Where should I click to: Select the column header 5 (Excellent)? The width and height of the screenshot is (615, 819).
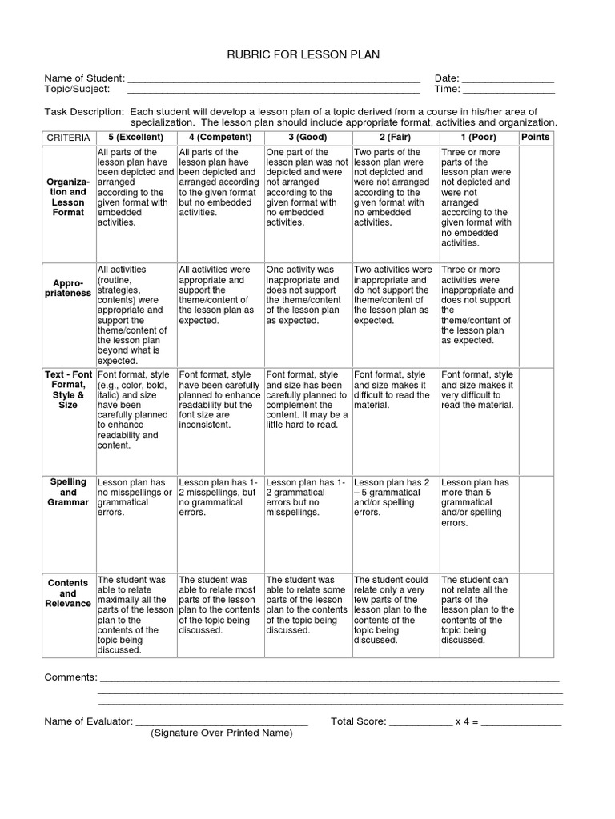(131, 138)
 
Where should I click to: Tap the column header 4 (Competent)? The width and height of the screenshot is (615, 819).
(215, 138)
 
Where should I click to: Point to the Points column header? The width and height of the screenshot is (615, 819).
(535, 138)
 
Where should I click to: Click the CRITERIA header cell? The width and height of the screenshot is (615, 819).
(68, 138)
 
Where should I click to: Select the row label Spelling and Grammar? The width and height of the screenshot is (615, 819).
(68, 492)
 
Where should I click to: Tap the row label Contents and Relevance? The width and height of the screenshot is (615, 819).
(68, 593)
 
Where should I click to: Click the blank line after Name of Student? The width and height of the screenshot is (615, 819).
(273, 79)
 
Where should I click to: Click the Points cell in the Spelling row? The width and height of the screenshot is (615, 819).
(535, 520)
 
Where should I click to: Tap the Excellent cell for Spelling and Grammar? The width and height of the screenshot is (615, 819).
(135, 497)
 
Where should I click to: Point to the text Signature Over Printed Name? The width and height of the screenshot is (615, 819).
(222, 733)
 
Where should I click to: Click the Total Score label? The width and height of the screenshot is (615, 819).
(359, 721)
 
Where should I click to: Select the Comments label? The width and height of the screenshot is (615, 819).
(70, 677)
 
